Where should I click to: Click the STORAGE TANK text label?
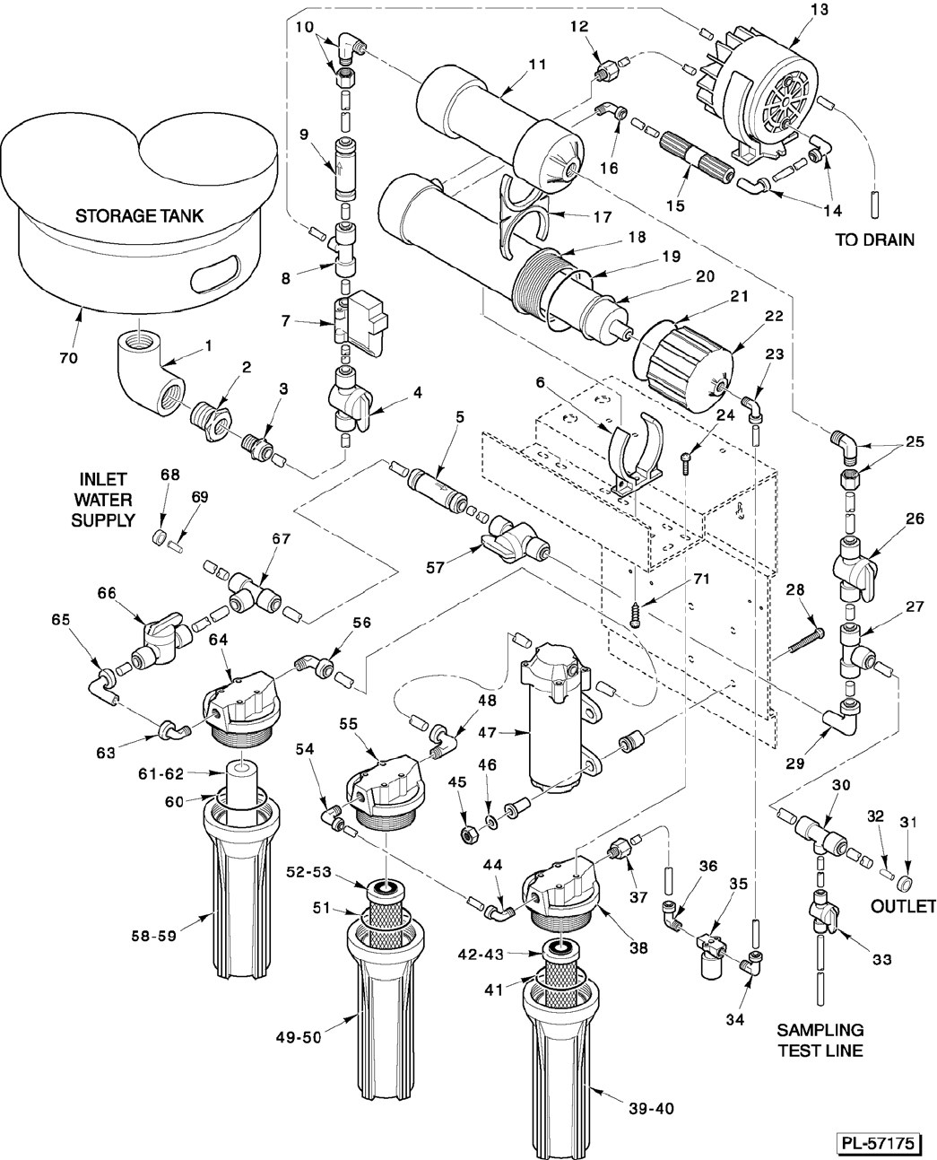click(139, 215)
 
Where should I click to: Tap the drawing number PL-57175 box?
click(881, 1144)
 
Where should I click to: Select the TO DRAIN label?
click(874, 240)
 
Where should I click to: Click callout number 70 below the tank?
click(68, 358)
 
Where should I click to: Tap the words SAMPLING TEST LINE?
click(820, 1040)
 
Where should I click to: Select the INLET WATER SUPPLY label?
click(105, 499)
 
